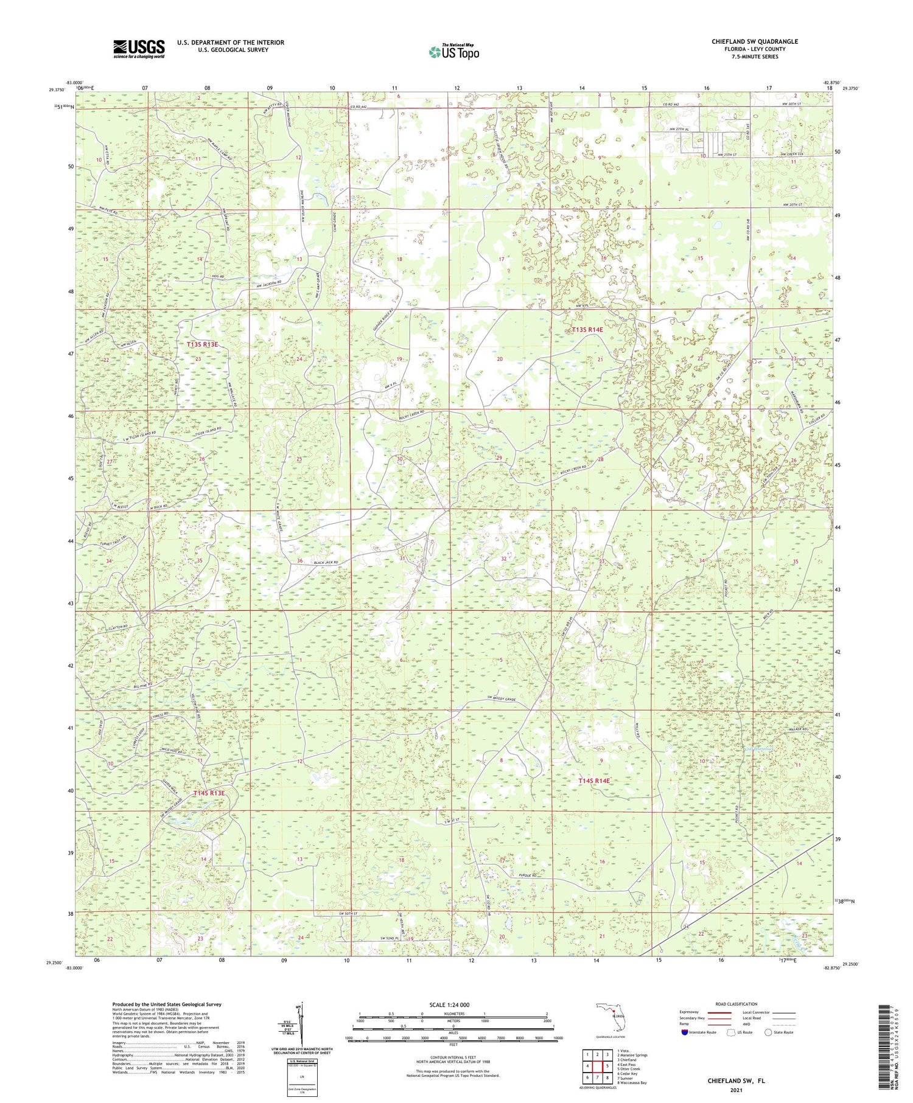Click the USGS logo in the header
coord(139,49)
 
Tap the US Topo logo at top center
coord(453,52)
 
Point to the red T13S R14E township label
coord(587,330)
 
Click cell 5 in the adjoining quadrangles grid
coord(607,1066)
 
